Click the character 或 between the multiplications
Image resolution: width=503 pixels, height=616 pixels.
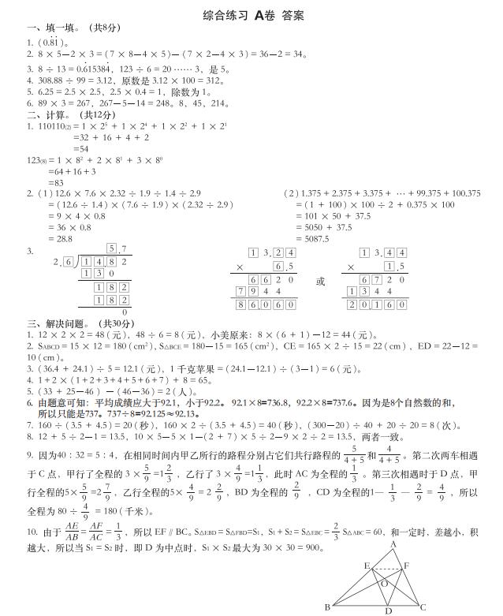coord(319,282)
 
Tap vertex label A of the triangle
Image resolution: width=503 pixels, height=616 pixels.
coord(393,545)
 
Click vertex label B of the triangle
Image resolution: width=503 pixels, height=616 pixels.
coord(326,607)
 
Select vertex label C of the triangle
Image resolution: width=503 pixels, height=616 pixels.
coord(424,607)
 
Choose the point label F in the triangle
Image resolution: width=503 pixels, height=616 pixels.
coord(406,566)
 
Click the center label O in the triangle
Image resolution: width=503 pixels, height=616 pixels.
coord(384,584)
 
